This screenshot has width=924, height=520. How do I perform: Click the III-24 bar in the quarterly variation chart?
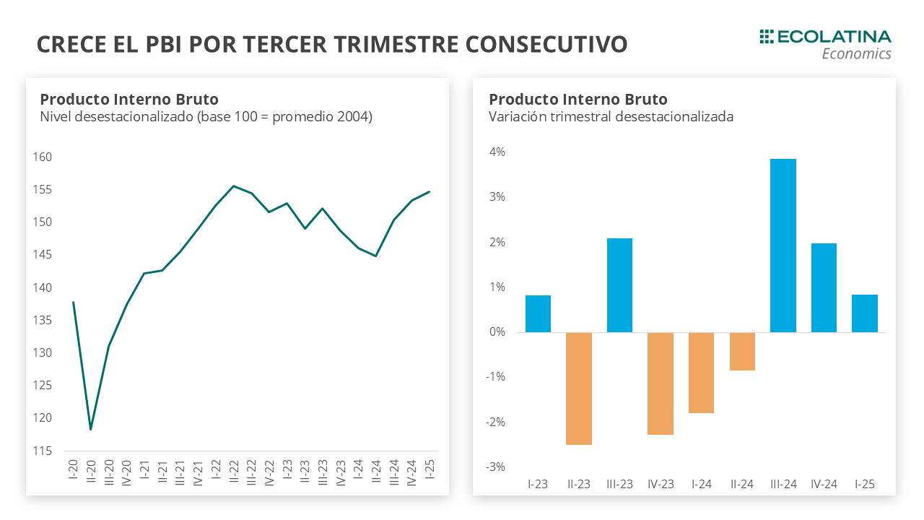coord(783,246)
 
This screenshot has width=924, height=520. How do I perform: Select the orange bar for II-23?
coord(579,389)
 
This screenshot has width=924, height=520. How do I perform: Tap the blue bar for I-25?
coord(865,313)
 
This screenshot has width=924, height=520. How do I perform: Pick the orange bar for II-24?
coord(742,351)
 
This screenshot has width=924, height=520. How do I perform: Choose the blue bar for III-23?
coord(619,285)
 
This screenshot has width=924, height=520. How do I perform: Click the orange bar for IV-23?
coord(661,383)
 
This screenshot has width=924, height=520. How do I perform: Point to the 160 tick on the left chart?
coord(42,157)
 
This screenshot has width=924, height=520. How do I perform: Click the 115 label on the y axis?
coord(42,451)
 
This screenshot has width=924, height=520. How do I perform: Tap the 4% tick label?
coord(497,152)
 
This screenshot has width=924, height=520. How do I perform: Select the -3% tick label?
coord(495,467)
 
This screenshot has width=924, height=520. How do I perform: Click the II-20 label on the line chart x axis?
coord(91,472)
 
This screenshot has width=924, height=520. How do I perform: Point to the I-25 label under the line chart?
coord(430,469)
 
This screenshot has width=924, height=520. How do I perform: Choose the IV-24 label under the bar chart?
coord(824,484)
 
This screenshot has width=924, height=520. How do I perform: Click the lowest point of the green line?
coord(91,430)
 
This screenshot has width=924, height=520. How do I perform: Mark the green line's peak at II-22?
coord(233,186)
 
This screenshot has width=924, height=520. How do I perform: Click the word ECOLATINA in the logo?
coord(834,37)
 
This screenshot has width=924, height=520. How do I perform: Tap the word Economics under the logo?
coord(856,54)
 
